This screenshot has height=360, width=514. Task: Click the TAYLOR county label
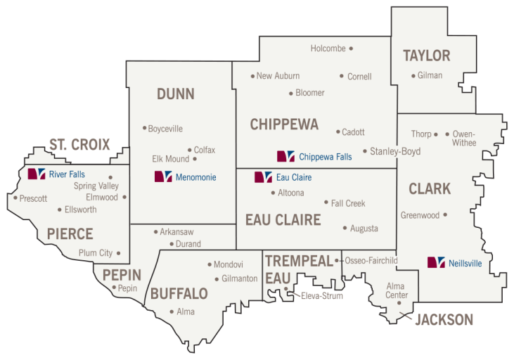[426, 56]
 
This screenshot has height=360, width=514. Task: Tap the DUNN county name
[176, 94]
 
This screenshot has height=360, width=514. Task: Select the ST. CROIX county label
[79, 145]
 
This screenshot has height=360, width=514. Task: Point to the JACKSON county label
[444, 320]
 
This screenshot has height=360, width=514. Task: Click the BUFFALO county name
[179, 293]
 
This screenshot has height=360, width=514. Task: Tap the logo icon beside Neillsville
[437, 262]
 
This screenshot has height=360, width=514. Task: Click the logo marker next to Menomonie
[163, 177]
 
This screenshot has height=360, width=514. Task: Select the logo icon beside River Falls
[36, 174]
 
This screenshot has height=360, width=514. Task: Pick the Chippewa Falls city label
[325, 157]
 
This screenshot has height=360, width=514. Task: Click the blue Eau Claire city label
[294, 178]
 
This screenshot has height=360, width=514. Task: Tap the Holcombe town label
[328, 49]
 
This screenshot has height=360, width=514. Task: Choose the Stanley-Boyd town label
[395, 151]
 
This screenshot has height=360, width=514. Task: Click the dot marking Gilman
[413, 75]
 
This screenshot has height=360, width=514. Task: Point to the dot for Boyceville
[144, 128]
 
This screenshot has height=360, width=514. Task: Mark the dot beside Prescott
[15, 198]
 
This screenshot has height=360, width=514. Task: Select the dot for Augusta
[345, 228]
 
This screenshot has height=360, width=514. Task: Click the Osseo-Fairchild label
[371, 261]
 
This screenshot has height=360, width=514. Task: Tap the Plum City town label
[95, 253]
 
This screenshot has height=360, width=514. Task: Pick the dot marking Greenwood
[445, 215]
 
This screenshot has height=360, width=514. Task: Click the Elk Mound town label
[171, 159]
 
